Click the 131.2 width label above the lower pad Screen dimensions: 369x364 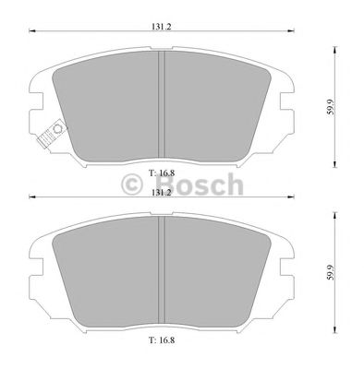coord(163,193)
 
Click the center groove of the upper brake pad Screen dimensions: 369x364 coord(162,106)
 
